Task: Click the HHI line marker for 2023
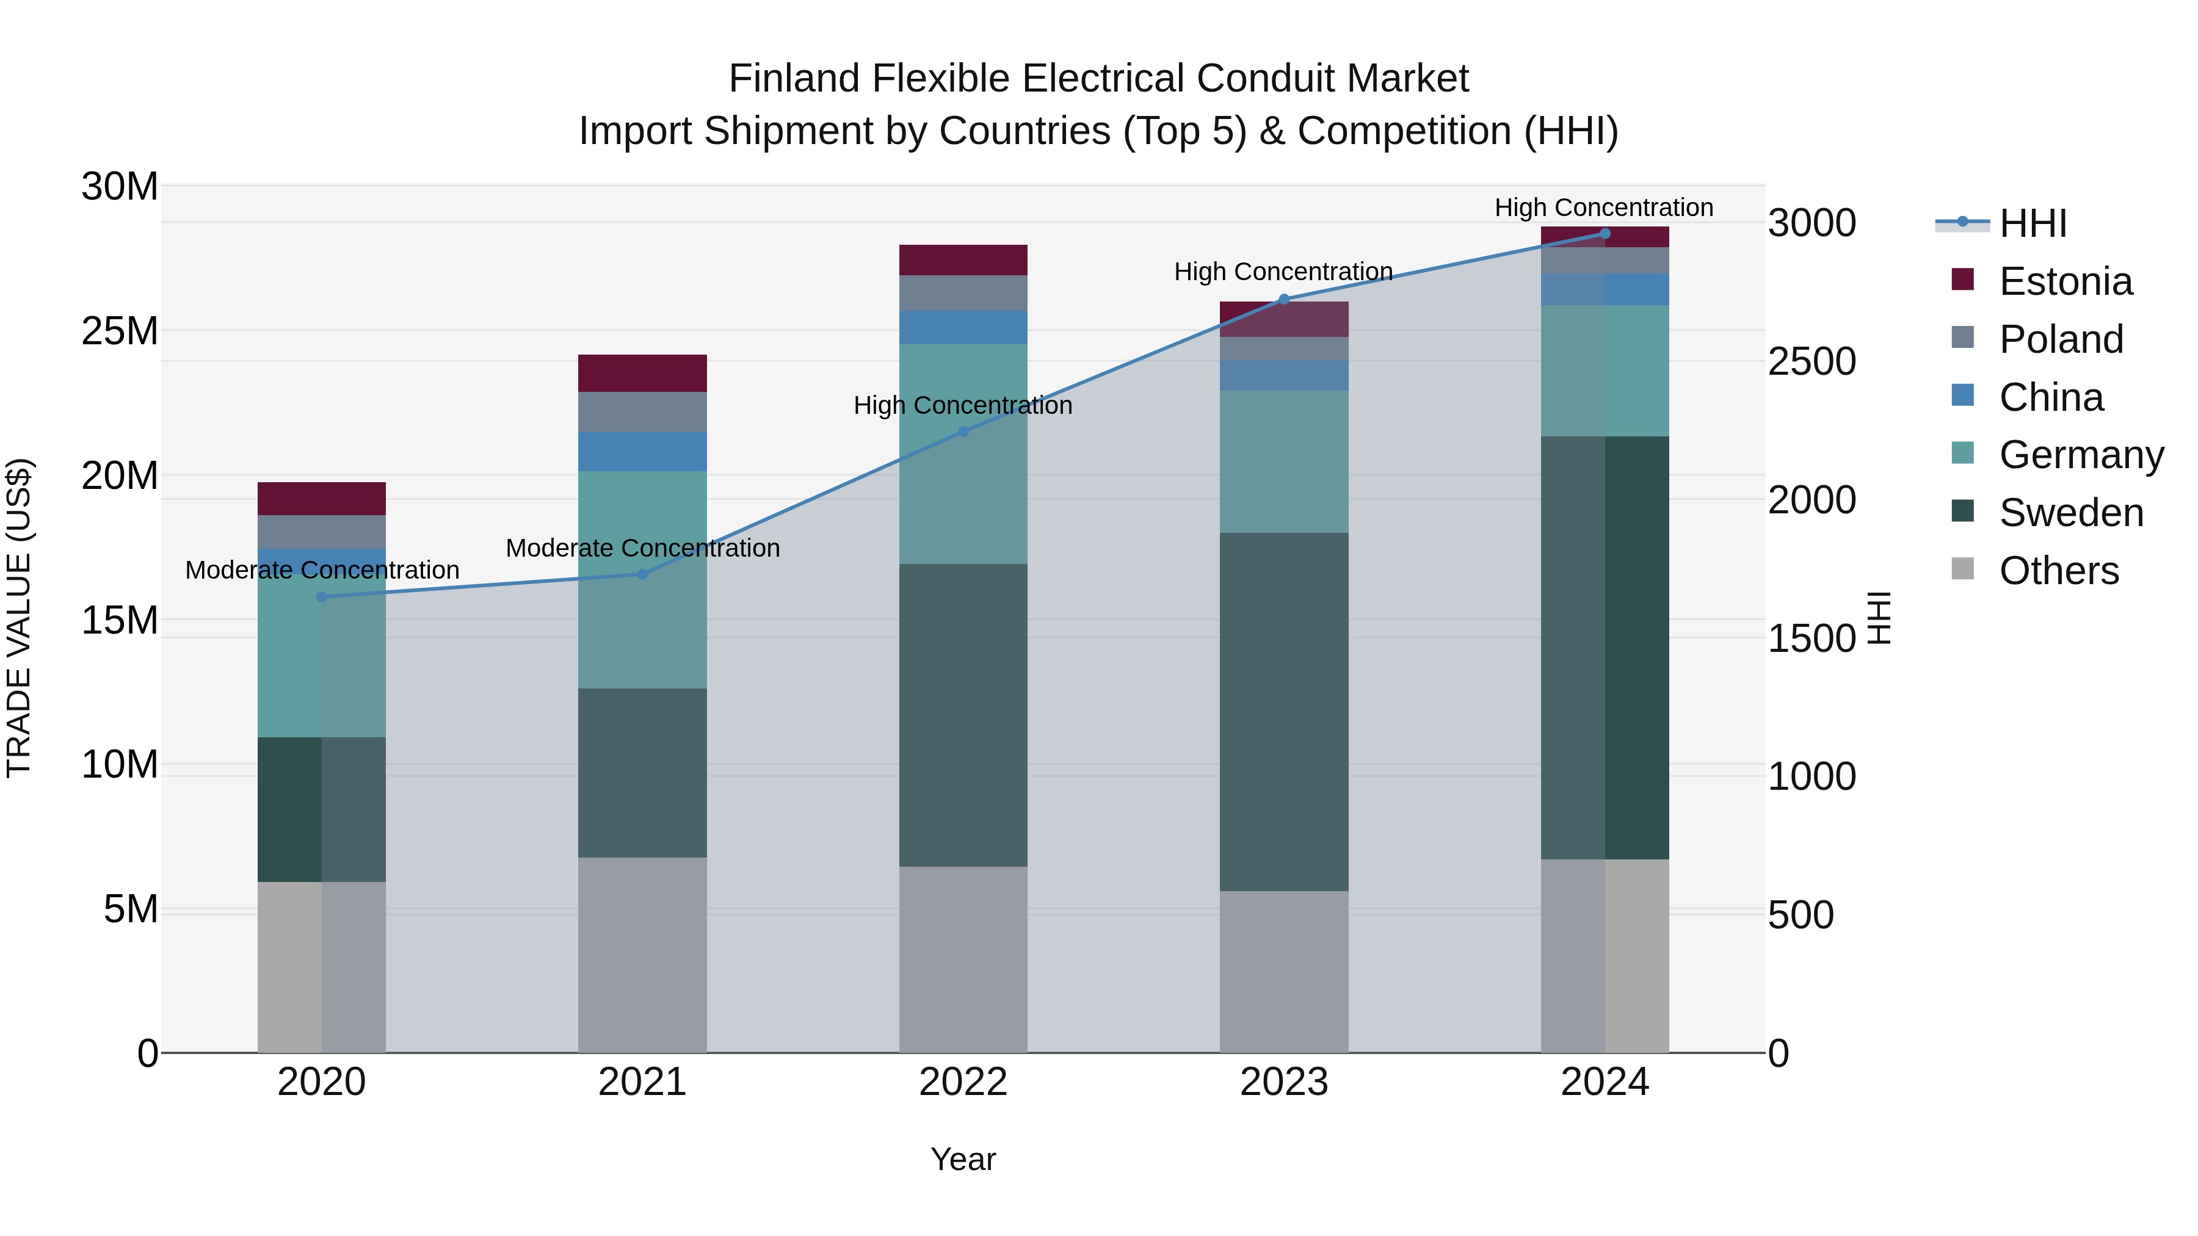[1284, 300]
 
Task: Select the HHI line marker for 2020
[322, 597]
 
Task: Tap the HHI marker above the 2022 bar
[963, 432]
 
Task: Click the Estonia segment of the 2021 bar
[642, 374]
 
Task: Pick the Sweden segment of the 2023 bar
[1284, 712]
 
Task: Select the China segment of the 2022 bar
[963, 328]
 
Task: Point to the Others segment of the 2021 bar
[642, 955]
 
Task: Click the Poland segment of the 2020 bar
[322, 532]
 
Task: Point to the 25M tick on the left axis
[120, 331]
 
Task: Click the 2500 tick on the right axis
[1811, 362]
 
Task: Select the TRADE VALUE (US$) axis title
[19, 618]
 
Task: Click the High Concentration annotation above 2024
[1603, 208]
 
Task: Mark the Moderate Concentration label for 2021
[642, 548]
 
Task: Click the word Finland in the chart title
[794, 79]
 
